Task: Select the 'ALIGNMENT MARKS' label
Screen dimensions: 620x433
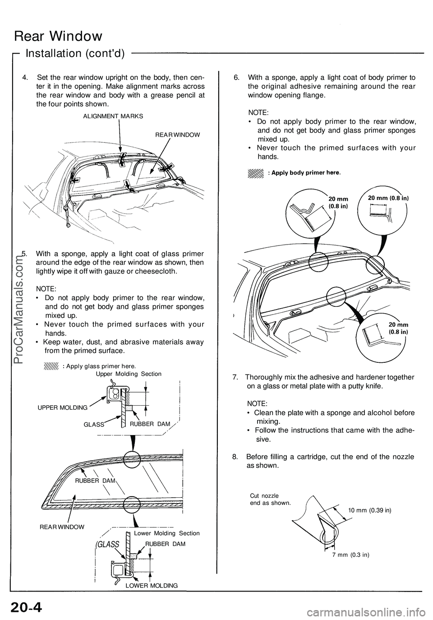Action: (113, 116)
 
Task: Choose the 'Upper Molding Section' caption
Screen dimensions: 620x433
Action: (129, 374)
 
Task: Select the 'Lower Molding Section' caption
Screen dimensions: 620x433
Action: (167, 533)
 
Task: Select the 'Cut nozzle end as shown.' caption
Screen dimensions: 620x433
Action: (270, 499)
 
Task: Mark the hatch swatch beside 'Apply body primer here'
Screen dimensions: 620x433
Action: (255, 173)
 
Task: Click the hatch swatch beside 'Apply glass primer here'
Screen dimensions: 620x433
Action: (52, 366)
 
